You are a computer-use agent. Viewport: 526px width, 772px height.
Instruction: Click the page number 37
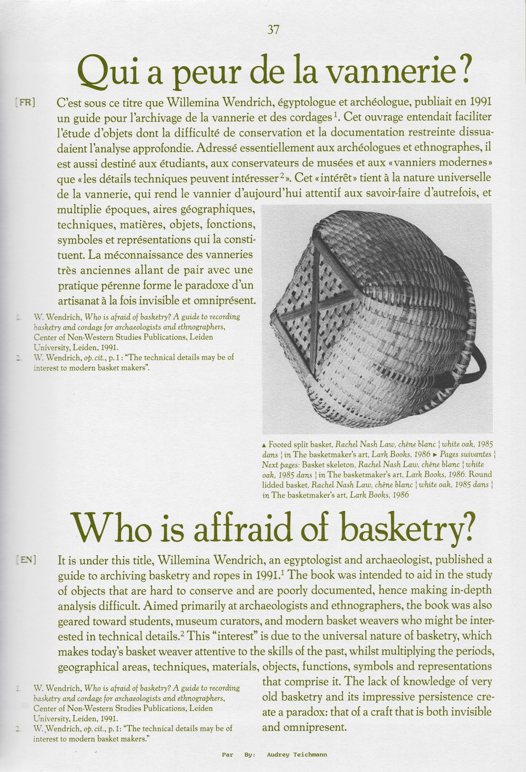[x=273, y=30]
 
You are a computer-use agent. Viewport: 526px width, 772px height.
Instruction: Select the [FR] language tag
[x=25, y=102]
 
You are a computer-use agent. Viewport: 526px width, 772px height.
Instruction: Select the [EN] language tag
[x=26, y=559]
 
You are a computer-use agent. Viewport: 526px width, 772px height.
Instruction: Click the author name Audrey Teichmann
[x=297, y=755]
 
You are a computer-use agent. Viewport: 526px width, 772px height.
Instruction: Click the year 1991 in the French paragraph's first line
[x=481, y=102]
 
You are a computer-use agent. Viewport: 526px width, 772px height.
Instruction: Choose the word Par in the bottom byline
[x=227, y=755]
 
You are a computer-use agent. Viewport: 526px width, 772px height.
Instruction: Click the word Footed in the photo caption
[x=280, y=444]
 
